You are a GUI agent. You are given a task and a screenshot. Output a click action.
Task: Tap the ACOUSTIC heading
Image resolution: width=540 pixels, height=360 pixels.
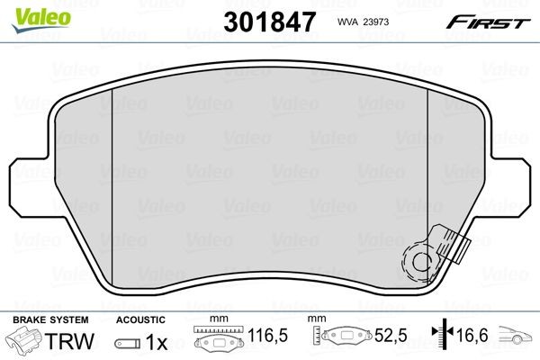pos(139,319)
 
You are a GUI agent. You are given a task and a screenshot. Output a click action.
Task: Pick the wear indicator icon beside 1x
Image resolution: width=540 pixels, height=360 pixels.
pos(127,343)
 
